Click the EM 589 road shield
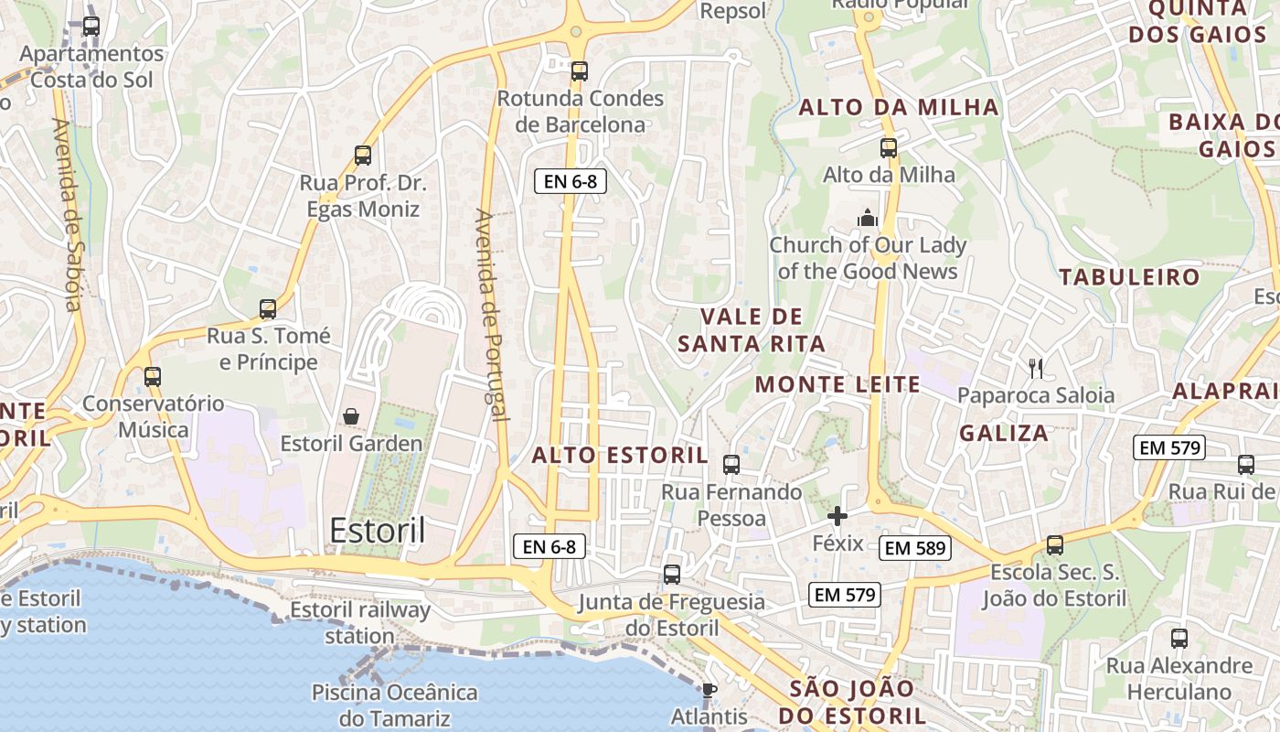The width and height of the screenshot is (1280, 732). (915, 548)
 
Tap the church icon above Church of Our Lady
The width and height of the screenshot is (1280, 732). (867, 218)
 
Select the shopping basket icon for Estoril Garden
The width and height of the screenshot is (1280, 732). (351, 417)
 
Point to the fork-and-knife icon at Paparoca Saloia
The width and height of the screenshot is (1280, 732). (1036, 369)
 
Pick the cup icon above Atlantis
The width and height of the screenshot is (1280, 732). (709, 690)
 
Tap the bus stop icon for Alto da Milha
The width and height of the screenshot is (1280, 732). (889, 148)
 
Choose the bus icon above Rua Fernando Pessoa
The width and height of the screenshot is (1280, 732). (731, 465)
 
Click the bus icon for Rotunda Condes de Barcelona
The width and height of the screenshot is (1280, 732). (580, 71)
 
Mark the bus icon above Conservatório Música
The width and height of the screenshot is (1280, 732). (153, 377)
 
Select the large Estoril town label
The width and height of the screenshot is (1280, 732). (378, 531)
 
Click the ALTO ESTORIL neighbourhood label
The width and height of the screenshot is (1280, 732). (620, 455)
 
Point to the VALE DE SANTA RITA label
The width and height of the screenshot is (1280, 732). (752, 330)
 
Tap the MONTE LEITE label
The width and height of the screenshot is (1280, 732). (837, 384)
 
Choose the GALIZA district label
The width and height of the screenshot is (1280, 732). (1004, 433)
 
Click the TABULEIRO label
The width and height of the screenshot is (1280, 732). (1129, 276)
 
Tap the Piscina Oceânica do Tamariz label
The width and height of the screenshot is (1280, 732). (395, 705)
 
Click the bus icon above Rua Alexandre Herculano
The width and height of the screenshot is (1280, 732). (1179, 639)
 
